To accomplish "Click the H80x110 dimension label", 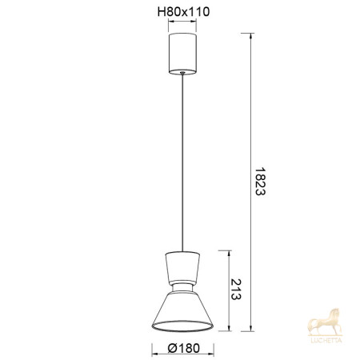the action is pyautogui.click(x=183, y=12).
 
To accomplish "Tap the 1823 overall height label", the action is pyautogui.click(x=260, y=182).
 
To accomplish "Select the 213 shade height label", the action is pyautogui.click(x=236, y=290).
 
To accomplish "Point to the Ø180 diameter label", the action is pyautogui.click(x=184, y=348).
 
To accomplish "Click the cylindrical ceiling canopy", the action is pyautogui.click(x=182, y=54).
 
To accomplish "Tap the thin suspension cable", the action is pyautogui.click(x=182, y=162).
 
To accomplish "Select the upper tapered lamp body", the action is pyautogui.click(x=182, y=267).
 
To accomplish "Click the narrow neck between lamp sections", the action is pyautogui.click(x=182, y=287).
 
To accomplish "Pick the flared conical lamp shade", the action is pyautogui.click(x=182, y=311).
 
